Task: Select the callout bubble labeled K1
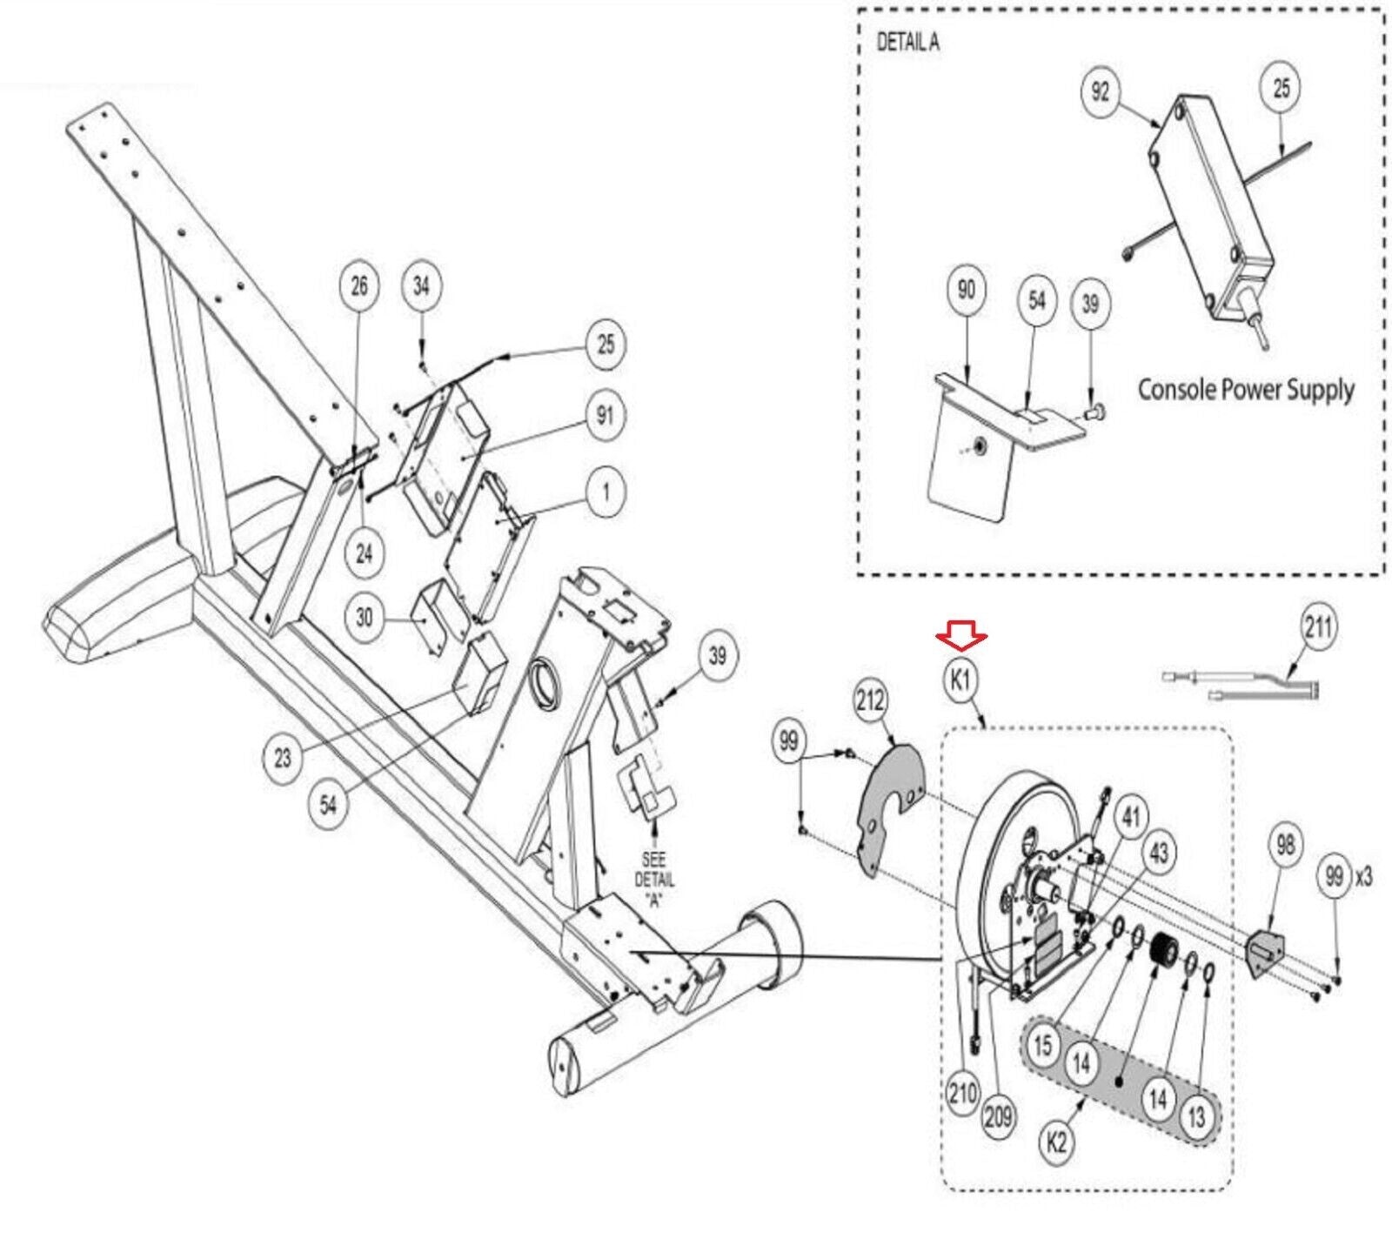tap(960, 680)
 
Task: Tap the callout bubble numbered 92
tap(1101, 90)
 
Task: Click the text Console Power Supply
tap(1246, 389)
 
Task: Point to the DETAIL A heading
tap(907, 42)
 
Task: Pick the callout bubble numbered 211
tap(1318, 626)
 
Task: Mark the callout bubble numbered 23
tap(283, 758)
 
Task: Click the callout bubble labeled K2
tap(1056, 1142)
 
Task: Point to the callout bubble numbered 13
tap(1196, 1116)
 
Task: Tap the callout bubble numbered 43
tap(1160, 854)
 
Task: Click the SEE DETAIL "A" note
tap(654, 880)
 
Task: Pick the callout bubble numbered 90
tap(967, 289)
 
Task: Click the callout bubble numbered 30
tap(364, 618)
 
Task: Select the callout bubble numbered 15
tap(1043, 1045)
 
